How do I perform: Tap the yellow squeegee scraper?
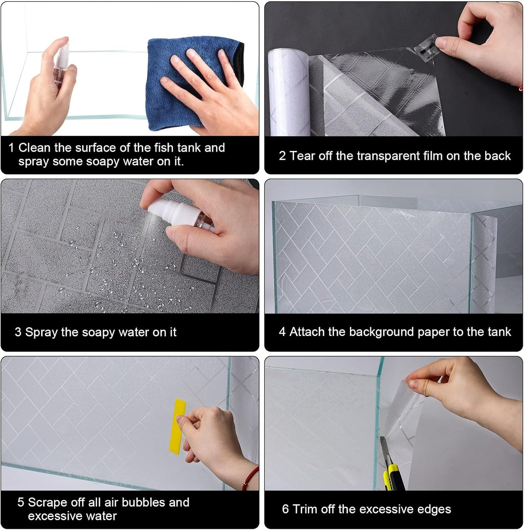tap(177, 426)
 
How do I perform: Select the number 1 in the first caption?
tap(11, 148)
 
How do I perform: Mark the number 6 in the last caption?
tap(285, 509)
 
